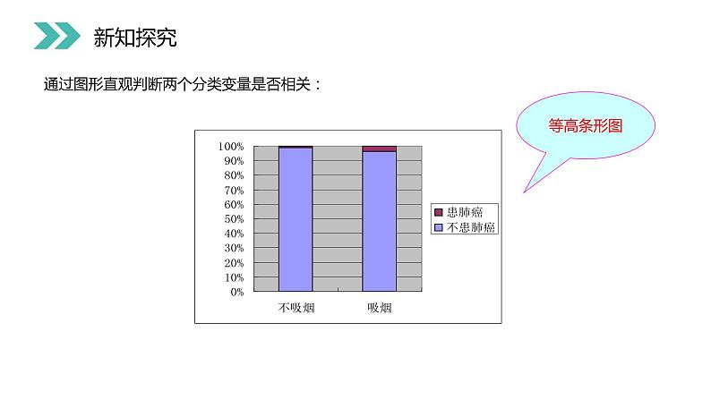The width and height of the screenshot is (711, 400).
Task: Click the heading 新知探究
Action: tap(135, 38)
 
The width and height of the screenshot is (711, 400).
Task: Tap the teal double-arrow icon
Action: tap(56, 37)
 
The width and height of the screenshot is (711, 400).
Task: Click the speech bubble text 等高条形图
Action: tap(585, 126)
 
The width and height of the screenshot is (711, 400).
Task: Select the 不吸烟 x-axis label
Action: tap(296, 308)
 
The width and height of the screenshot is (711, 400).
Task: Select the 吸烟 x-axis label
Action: tap(379, 308)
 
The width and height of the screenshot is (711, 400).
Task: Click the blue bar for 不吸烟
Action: tap(296, 219)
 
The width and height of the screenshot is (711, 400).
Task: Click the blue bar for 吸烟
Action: tap(379, 222)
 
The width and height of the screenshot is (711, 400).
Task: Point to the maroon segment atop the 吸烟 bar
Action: tap(379, 149)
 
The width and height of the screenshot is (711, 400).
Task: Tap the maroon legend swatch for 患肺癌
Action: tap(439, 213)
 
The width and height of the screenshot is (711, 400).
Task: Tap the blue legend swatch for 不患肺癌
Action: tap(439, 227)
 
